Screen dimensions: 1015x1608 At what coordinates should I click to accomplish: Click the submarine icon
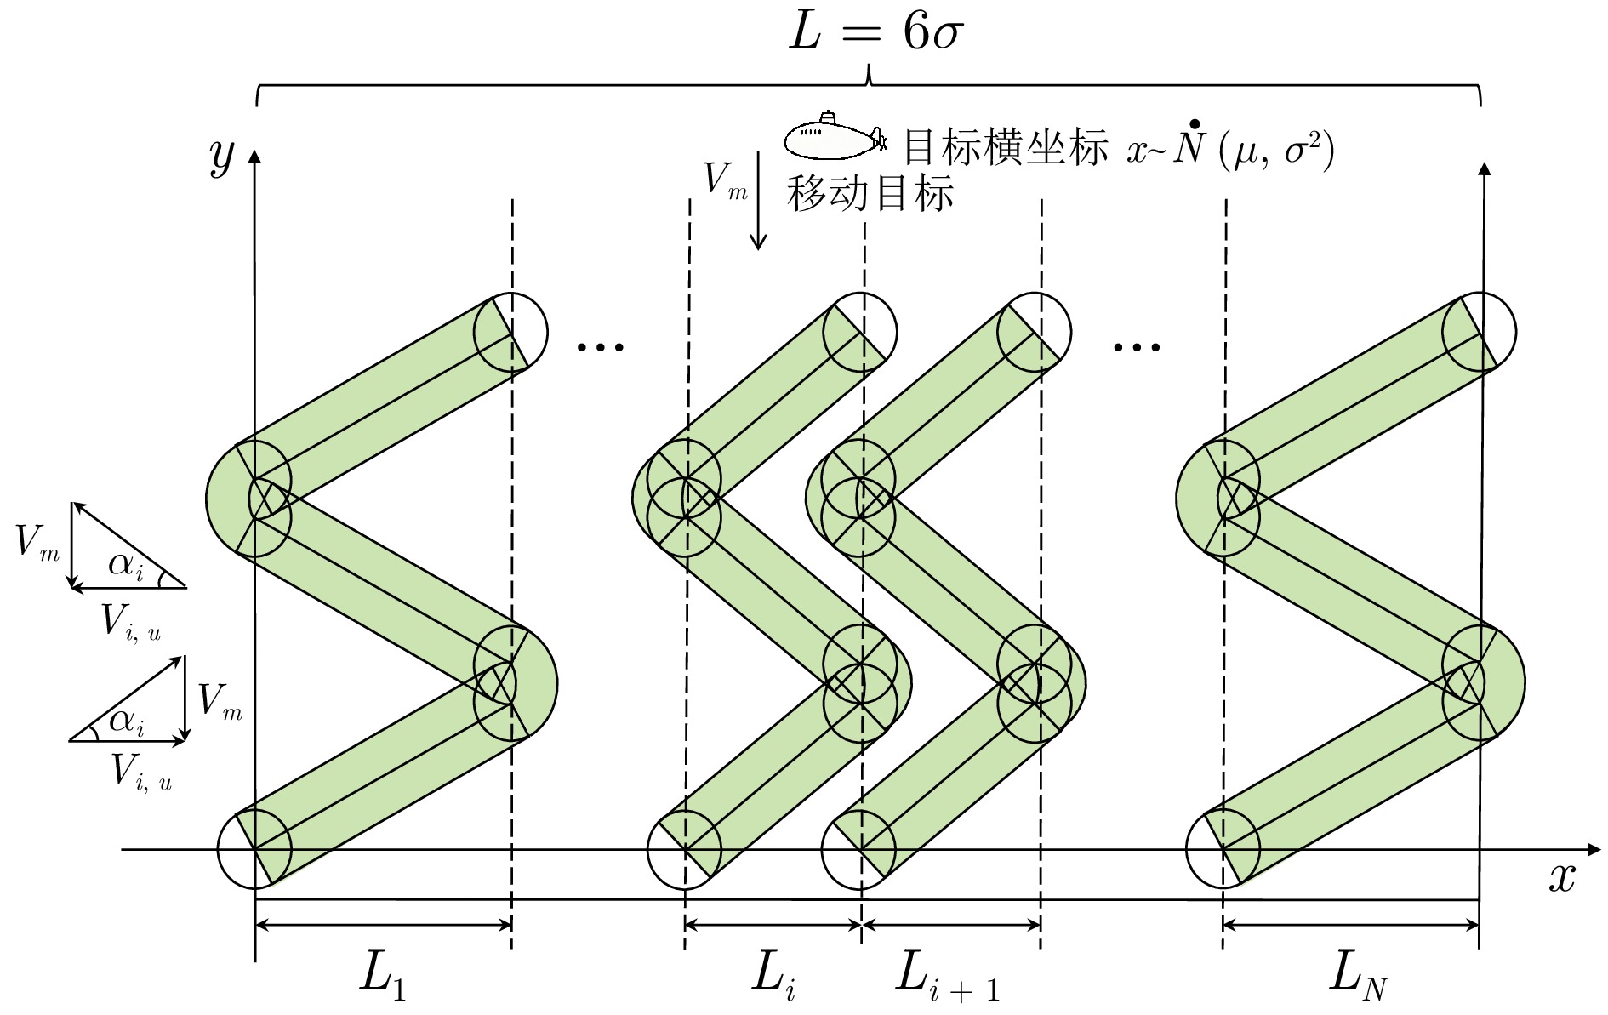coord(835,137)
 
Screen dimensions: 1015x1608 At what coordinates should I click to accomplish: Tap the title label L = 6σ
coord(875,34)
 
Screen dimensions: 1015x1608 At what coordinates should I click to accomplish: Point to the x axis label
coord(1561,877)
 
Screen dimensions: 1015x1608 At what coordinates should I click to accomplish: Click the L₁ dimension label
coord(382,974)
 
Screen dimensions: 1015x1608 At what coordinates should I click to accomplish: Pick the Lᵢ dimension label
coord(773,974)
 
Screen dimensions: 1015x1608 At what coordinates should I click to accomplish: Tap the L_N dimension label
coord(1357,975)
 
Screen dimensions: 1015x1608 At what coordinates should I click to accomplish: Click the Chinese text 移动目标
coord(870,193)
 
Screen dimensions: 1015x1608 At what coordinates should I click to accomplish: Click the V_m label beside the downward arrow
coord(724,181)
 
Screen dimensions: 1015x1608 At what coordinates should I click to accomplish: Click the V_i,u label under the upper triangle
coord(130,622)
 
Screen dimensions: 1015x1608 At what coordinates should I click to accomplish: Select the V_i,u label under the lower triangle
coord(141,773)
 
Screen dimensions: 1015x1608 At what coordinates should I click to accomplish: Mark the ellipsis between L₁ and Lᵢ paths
coord(601,346)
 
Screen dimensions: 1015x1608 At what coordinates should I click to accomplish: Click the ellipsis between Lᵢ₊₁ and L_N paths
coord(1137,346)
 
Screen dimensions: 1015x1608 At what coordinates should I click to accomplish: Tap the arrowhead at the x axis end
coord(1593,849)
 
